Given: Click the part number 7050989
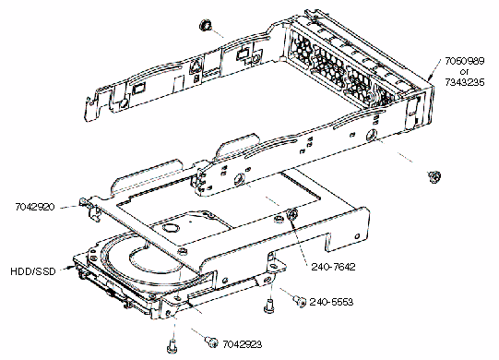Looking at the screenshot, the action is coord(464,61).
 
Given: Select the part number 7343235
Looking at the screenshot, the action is coord(464,82).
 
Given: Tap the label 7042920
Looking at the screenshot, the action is coord(35,207).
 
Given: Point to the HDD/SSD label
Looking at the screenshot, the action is coord(33,271).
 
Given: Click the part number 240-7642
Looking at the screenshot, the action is coord(333,267).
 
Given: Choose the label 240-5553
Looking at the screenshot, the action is coord(331,302).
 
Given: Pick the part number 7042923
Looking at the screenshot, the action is coord(243,344).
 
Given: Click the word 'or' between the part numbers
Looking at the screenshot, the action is coord(464,72).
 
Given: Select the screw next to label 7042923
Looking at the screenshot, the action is coord(211,342).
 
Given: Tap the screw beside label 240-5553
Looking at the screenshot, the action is coord(300,301).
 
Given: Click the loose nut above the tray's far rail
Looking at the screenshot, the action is coord(205,25).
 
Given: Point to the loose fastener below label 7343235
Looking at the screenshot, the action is coord(434,177).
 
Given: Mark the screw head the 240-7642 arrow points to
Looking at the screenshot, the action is coord(292,214).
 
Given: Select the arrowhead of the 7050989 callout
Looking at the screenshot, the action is coord(430,77).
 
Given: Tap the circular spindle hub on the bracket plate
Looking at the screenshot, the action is coord(172,228).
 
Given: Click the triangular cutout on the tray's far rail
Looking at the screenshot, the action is coord(196,66).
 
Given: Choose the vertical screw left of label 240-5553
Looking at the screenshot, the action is coord(269,306).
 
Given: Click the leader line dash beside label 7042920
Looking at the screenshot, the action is coord(68,207).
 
